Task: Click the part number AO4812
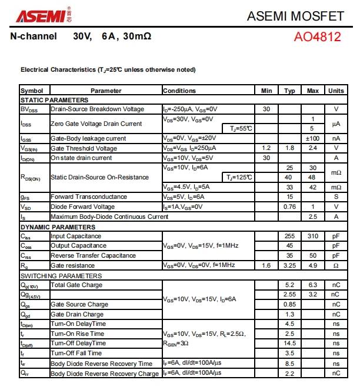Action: (317, 37)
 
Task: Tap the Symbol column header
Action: (32, 91)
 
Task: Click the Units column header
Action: (336, 91)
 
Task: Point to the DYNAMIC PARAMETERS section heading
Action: (57, 226)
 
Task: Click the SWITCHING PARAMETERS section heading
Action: (61, 276)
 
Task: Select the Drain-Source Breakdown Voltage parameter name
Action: (97, 109)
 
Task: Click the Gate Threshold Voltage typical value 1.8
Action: (289, 148)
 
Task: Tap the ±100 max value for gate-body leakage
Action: (312, 138)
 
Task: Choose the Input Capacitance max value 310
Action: (312, 236)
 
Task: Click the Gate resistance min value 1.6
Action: (266, 265)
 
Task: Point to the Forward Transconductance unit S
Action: (336, 196)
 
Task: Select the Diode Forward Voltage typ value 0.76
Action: (289, 206)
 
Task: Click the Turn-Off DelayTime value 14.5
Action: (289, 343)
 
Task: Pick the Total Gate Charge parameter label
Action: (76, 285)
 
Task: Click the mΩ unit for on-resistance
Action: (336, 172)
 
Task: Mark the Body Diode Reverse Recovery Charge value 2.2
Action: (289, 373)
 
